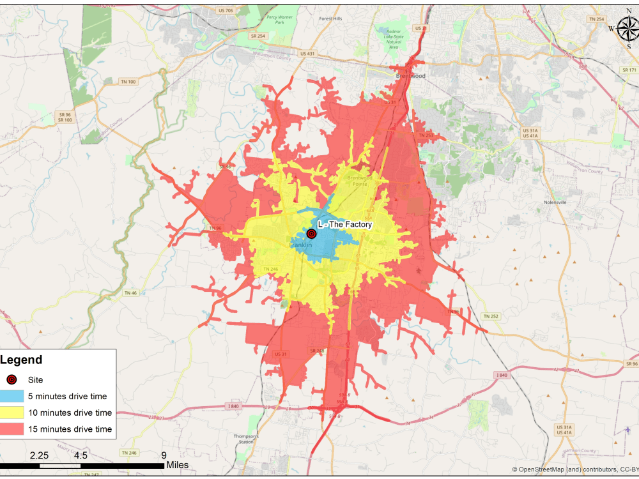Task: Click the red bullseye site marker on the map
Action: tap(311, 234)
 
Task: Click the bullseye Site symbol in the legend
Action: tap(12, 379)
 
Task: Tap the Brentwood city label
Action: tap(410, 75)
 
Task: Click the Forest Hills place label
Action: tap(331, 19)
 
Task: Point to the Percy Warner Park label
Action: tap(280, 19)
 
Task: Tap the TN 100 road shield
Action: tap(128, 82)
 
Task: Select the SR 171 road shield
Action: tap(629, 69)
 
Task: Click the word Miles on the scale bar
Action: tap(177, 466)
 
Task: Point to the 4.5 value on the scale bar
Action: tap(81, 455)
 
